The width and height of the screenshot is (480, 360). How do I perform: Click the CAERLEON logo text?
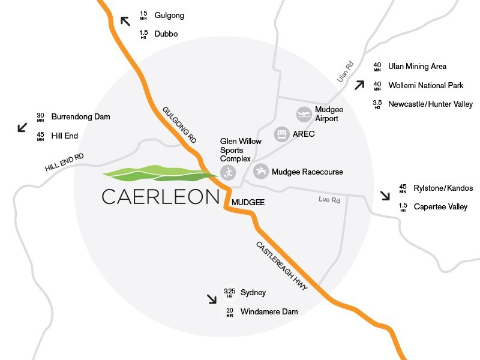pyautogui.click(x=160, y=197)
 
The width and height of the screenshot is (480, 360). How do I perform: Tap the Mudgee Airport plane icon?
pyautogui.click(x=304, y=113)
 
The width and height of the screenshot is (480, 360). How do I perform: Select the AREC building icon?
pyautogui.click(x=281, y=134)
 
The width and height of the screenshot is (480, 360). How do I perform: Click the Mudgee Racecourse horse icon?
pyautogui.click(x=261, y=172)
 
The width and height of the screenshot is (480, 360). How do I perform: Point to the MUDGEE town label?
pyautogui.click(x=248, y=203)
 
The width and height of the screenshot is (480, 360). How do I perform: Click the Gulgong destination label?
pyautogui.click(x=169, y=15)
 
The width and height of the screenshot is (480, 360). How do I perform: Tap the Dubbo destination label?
pyautogui.click(x=166, y=34)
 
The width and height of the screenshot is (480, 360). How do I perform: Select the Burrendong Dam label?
pyautogui.click(x=81, y=116)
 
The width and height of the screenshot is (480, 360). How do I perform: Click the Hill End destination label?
pyautogui.click(x=65, y=136)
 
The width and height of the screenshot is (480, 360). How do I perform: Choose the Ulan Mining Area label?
pyautogui.click(x=418, y=66)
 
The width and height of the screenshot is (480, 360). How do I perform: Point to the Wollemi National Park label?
pyautogui.click(x=426, y=86)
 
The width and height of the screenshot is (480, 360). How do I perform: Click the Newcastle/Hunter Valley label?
pyautogui.click(x=431, y=104)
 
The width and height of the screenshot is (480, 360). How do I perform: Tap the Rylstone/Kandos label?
pyautogui.click(x=443, y=188)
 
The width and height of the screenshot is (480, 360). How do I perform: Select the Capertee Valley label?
pyautogui.click(x=440, y=207)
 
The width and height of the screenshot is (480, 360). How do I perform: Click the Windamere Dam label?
pyautogui.click(x=269, y=311)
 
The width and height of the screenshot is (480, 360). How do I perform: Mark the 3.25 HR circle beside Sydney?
pyautogui.click(x=229, y=293)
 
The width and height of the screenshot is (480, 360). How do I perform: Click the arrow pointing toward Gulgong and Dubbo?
pyautogui.click(x=125, y=21)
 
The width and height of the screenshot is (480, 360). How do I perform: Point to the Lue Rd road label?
pyautogui.click(x=329, y=200)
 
